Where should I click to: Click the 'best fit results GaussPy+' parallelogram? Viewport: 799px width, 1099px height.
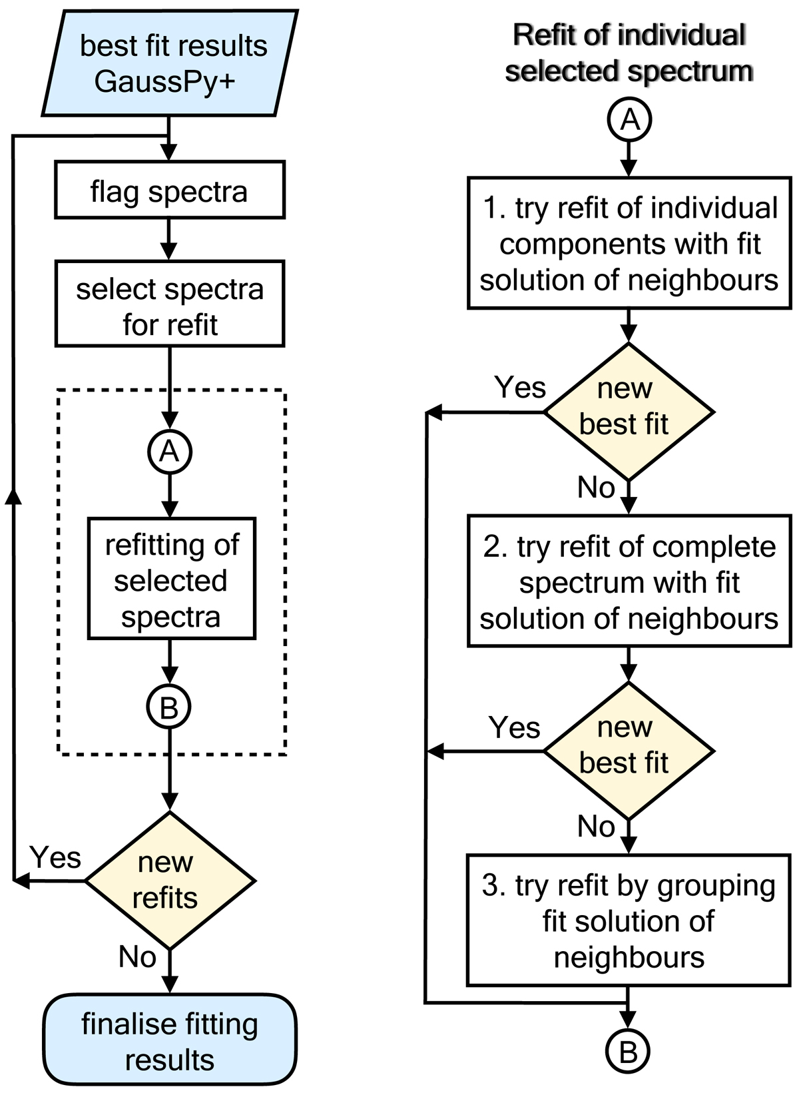coord(169,63)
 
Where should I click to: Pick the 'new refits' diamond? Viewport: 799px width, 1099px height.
coord(169,881)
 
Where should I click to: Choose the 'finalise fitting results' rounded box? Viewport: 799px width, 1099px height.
coord(169,1040)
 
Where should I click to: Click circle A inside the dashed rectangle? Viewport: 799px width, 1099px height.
coord(169,452)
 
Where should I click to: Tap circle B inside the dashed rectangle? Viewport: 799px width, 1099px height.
coord(169,707)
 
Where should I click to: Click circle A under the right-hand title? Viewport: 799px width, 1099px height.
coord(629,120)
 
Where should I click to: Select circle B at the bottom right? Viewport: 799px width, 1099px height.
coord(628,1052)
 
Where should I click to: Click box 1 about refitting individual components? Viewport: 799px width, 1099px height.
coord(629,243)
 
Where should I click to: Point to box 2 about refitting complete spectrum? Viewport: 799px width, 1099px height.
coord(629,581)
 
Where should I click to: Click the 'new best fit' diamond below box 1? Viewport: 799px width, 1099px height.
coord(629,412)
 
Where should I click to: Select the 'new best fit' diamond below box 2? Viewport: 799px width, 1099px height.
coord(629,751)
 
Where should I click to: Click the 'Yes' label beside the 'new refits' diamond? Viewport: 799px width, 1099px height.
coord(56,857)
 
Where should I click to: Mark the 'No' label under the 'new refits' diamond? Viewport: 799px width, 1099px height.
coord(137,957)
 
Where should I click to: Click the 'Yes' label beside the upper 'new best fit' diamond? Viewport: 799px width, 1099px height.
coord(520,388)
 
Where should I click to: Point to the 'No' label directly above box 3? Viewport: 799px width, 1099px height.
coord(596,827)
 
